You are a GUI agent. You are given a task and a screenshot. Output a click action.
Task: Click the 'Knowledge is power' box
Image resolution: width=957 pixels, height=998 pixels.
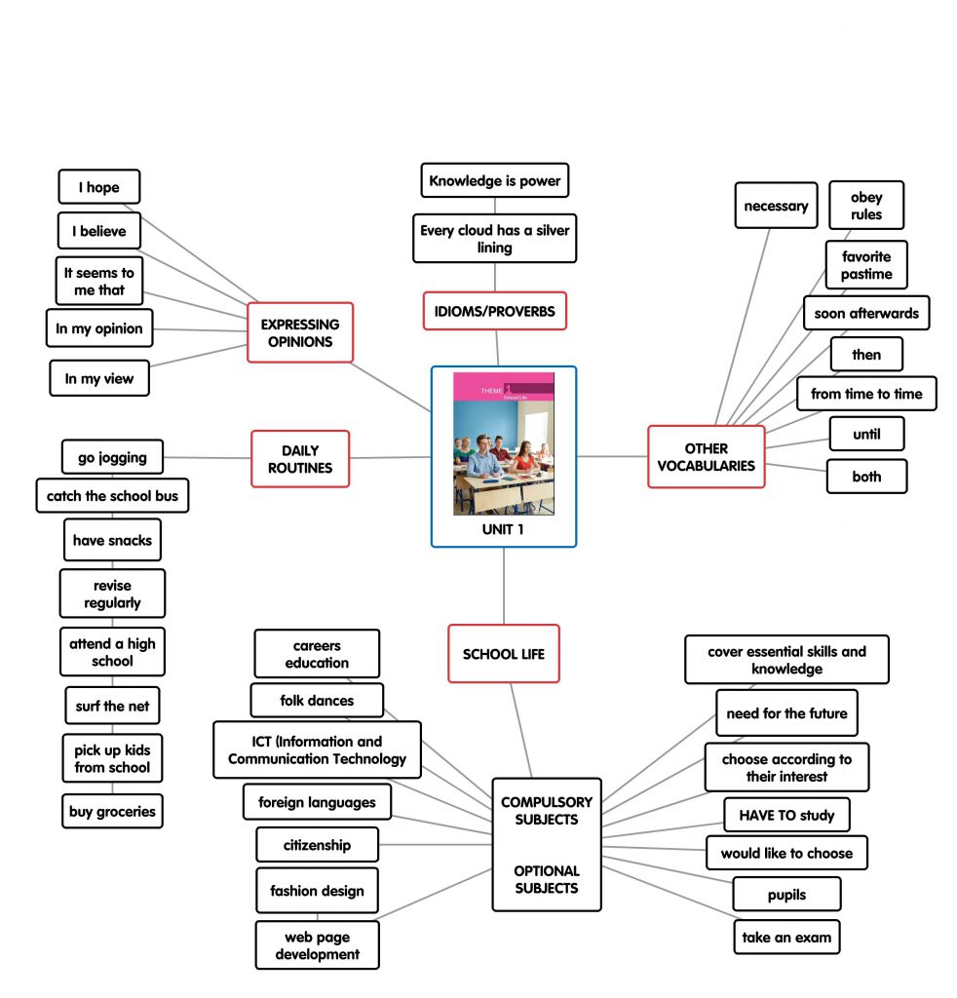494,181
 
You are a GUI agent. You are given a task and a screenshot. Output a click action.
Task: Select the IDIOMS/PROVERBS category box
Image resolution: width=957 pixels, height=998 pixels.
494,311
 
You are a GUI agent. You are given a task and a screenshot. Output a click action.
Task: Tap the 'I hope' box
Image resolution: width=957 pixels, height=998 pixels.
98,187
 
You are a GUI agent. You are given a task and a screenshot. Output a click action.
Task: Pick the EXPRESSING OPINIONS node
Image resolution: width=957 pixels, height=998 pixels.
300,332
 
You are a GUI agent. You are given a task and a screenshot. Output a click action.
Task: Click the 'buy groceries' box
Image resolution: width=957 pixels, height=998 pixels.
112,812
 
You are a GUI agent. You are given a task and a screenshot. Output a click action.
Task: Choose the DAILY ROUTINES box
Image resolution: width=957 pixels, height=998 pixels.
300,459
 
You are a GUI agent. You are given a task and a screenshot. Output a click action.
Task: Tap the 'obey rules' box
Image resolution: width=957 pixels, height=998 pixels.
865,206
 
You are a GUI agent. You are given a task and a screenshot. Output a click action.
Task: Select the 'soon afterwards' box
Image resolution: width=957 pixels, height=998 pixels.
865,314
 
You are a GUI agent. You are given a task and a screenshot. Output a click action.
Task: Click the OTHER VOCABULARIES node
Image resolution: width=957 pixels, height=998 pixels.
706,457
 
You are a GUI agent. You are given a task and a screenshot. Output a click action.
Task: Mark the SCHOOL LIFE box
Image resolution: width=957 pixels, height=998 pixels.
504,654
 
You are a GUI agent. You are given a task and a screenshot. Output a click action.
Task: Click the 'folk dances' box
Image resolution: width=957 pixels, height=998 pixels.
317,701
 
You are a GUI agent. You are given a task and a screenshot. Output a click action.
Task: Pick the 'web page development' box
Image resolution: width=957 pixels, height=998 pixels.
317,945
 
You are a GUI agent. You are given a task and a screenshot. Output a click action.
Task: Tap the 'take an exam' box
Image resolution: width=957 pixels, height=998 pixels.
786,938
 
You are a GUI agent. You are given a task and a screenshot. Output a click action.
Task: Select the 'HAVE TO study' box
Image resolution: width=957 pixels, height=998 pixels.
786,815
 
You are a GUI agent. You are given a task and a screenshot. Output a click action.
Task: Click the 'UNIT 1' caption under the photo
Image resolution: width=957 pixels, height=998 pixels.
503,529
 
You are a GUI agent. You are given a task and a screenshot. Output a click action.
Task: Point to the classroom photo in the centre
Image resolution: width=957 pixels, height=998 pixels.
503,443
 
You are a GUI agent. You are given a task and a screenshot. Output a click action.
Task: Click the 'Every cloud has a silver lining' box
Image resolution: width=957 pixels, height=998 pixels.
494,239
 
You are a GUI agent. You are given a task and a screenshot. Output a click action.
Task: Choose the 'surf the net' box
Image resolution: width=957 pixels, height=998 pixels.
112,706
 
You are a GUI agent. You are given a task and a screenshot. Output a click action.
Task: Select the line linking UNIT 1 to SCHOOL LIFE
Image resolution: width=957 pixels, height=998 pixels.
504,586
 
